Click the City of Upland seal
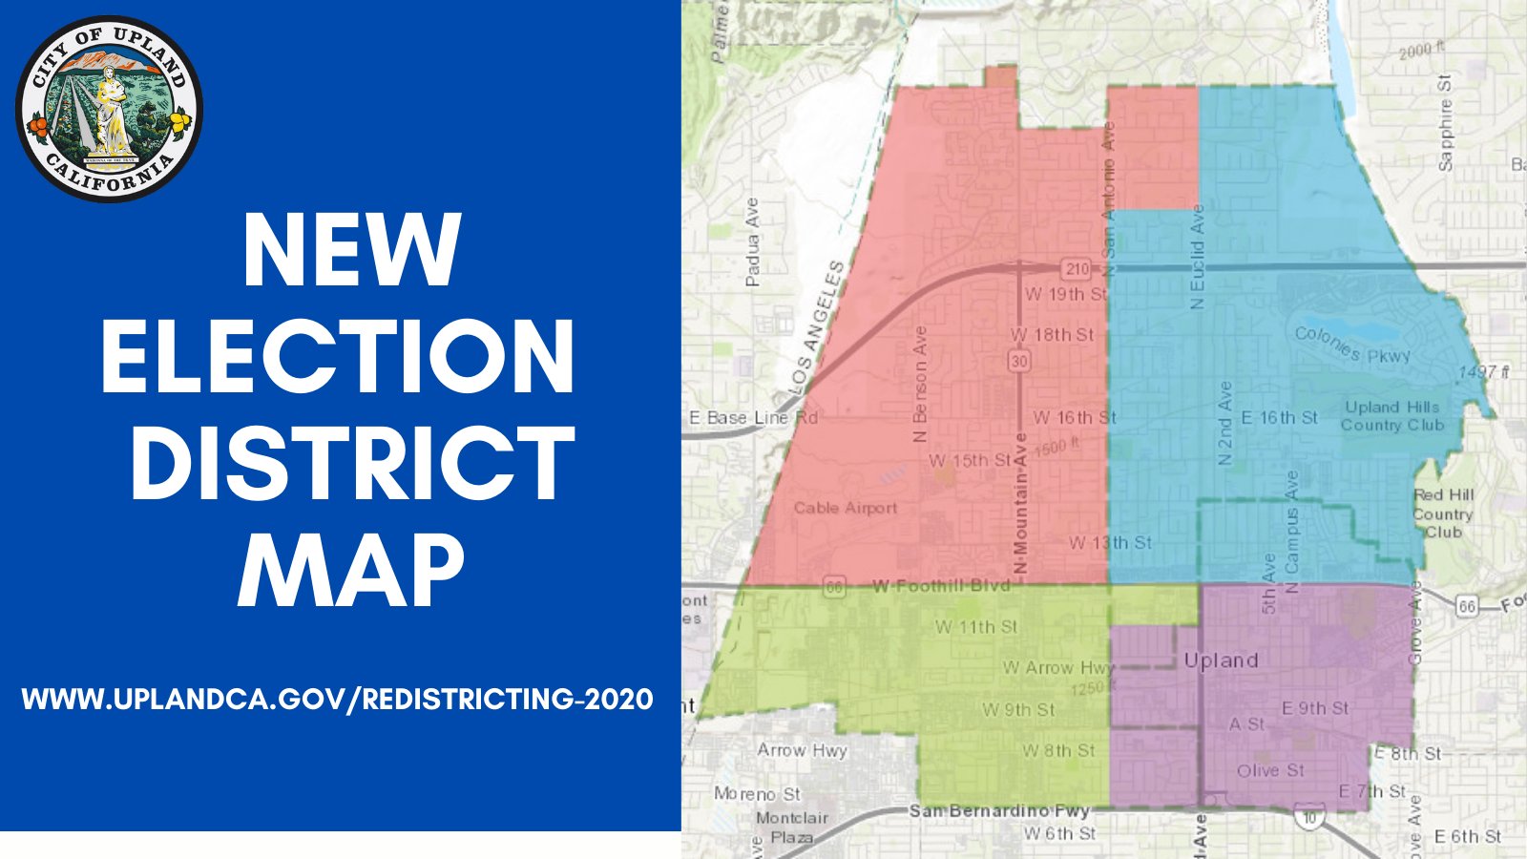click(x=109, y=109)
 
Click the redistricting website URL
click(x=338, y=699)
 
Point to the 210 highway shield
click(x=1077, y=269)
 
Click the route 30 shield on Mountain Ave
click(x=1020, y=361)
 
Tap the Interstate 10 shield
click(x=1307, y=816)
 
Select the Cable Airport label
click(x=846, y=508)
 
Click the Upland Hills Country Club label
click(x=1392, y=416)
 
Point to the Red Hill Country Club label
click(x=1443, y=513)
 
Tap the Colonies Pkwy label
click(x=1351, y=345)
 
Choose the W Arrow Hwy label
click(x=1057, y=667)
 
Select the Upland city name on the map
click(x=1221, y=660)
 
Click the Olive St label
click(x=1270, y=770)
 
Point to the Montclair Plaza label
click(x=792, y=828)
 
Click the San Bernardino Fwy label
click(x=999, y=811)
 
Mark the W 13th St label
click(x=1110, y=543)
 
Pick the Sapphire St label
click(x=1445, y=122)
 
